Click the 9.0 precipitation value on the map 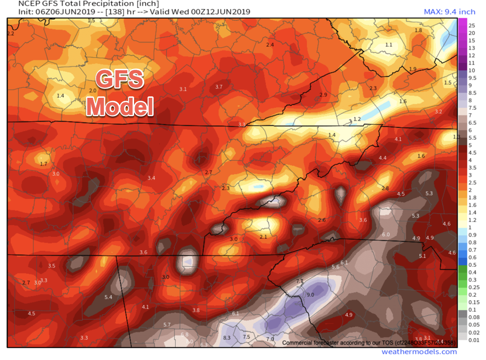(310, 295)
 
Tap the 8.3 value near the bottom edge (227, 338)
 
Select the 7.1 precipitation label (299, 281)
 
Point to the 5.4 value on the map (109, 297)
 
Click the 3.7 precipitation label (219, 86)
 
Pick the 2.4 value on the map (270, 45)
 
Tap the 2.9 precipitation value (323, 95)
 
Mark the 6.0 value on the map (386, 235)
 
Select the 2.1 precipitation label (263, 237)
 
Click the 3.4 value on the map (151, 178)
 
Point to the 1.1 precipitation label (389, 45)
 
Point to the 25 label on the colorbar (471, 25)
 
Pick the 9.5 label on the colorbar (472, 78)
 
